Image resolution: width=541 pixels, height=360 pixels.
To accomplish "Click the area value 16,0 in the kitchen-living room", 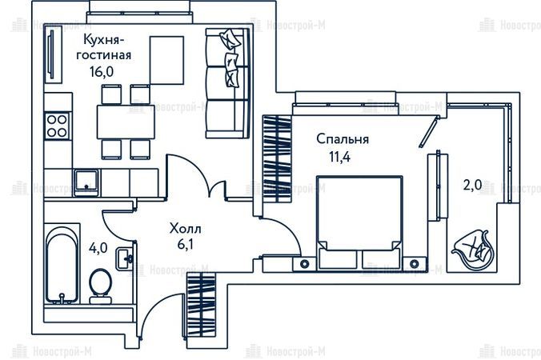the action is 102,72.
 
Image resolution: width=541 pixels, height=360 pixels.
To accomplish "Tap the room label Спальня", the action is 343,139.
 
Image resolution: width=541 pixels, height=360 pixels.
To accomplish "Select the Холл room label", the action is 186,229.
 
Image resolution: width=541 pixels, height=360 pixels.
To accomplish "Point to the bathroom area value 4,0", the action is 98,248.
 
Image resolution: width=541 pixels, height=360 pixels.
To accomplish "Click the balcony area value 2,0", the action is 472,186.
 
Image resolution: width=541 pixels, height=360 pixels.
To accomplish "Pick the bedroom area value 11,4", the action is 339,158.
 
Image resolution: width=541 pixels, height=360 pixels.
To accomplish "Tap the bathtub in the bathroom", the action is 62,264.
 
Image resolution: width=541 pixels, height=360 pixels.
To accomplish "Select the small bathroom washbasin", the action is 124,258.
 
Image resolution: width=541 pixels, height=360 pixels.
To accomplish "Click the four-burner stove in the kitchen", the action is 57,126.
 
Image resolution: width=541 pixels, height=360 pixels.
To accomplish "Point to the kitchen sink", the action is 86,182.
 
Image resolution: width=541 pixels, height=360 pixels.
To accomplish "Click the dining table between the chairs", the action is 126,122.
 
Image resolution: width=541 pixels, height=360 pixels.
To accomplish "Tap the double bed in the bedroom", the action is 359,222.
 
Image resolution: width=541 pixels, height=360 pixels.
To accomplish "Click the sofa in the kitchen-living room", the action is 227,83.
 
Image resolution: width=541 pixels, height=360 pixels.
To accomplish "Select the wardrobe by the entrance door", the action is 201,305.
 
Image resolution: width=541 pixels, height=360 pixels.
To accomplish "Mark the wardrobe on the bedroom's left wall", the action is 277,158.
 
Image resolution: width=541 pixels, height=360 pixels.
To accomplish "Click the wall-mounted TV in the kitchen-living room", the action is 52,54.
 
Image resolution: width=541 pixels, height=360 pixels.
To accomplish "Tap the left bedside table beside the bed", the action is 304,264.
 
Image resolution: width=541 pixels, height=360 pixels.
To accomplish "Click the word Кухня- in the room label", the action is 103,40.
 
